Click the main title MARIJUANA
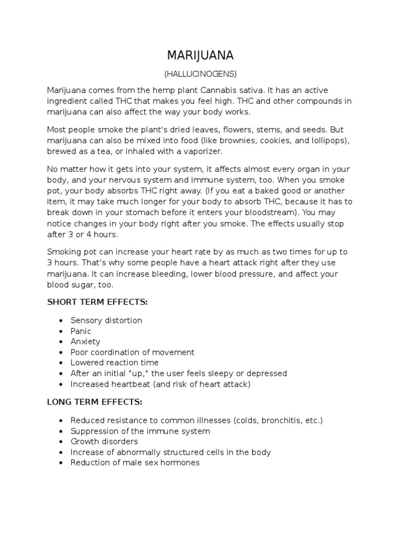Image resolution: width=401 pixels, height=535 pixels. click(x=200, y=55)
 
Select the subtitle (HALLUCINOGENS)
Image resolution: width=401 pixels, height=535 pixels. click(x=200, y=74)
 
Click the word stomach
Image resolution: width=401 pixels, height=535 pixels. click(x=164, y=213)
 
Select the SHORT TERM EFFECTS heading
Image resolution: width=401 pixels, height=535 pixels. click(x=98, y=302)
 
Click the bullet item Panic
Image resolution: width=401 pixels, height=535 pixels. click(x=81, y=331)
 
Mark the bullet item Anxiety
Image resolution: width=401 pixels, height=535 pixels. click(x=85, y=341)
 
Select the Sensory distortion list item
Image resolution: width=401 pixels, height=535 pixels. click(x=106, y=320)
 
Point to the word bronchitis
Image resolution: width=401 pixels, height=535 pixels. click(x=283, y=420)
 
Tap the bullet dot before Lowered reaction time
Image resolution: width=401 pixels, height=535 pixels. click(x=62, y=363)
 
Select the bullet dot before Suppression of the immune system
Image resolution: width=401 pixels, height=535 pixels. click(x=62, y=431)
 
